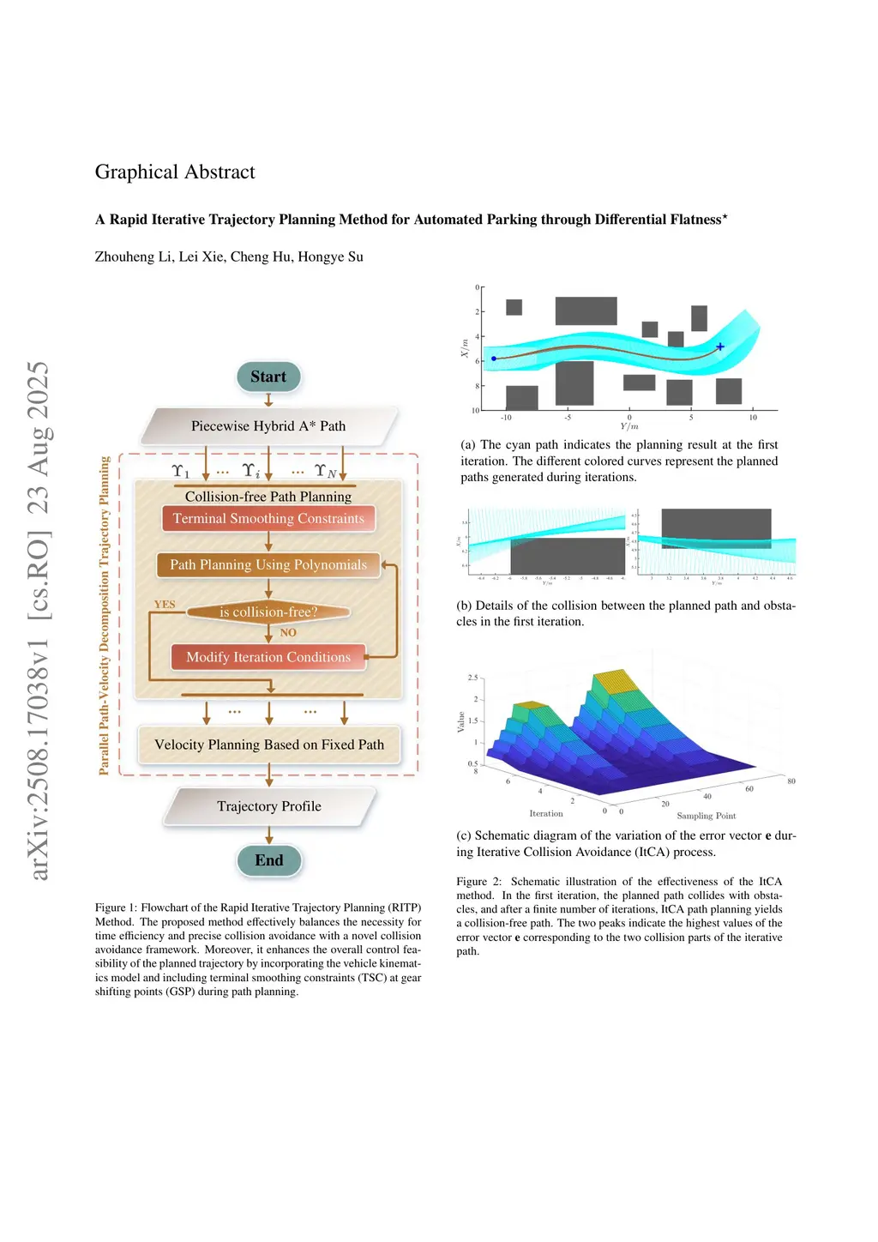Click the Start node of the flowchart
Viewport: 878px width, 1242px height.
tap(268, 377)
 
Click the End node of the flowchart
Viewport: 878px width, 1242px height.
tap(268, 860)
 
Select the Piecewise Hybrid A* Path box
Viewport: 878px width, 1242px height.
tap(268, 426)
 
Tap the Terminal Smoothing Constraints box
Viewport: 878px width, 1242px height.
tap(268, 519)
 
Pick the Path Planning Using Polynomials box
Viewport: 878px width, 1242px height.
tap(268, 564)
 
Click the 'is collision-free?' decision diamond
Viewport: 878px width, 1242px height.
tap(268, 612)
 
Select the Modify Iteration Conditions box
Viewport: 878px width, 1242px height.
tap(268, 657)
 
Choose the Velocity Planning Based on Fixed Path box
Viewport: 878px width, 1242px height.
tap(269, 745)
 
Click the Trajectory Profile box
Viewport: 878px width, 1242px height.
tap(269, 806)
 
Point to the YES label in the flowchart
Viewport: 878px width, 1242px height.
tap(165, 605)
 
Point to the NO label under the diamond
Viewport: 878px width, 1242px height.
tap(288, 633)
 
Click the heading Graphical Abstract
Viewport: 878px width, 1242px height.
tap(175, 172)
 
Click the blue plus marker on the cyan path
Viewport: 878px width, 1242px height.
tap(720, 347)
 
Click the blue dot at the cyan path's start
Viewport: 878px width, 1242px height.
tap(494, 359)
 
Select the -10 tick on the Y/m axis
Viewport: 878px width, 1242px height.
tap(506, 418)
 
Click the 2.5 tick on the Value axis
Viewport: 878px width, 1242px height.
tap(472, 678)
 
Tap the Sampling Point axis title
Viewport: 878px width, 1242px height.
tap(707, 816)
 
